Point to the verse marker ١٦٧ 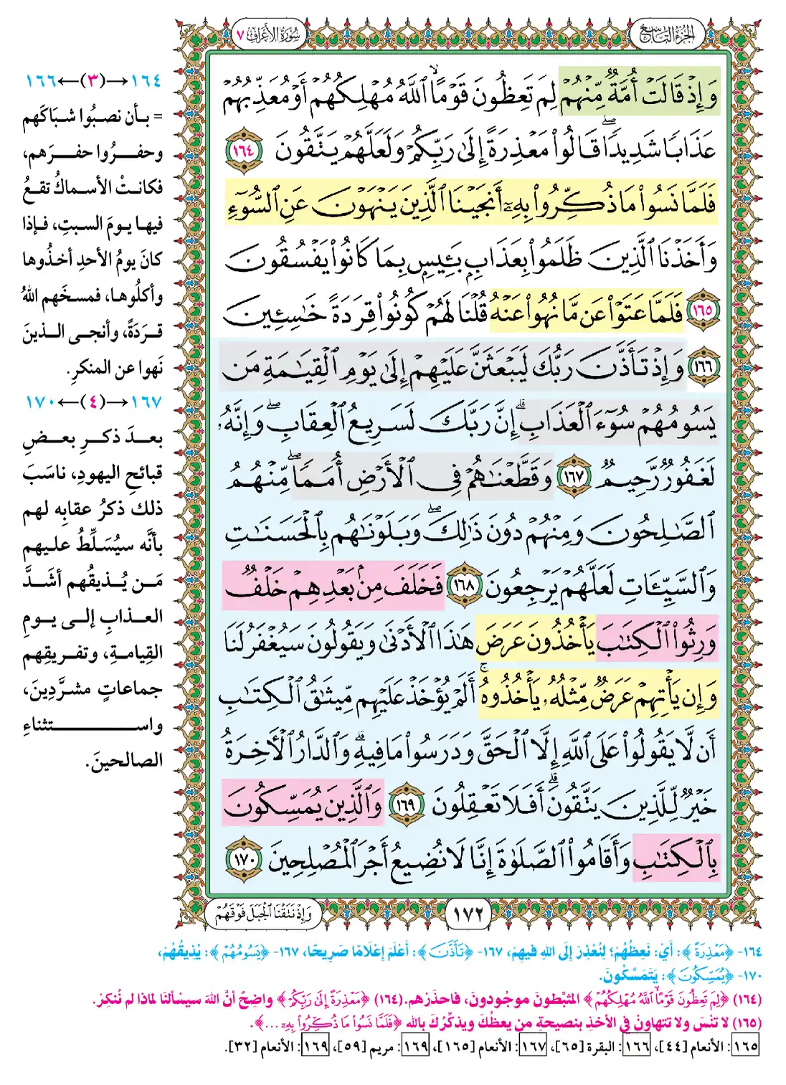pos(572,477)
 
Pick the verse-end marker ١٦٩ pos(406,805)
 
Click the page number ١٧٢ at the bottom pos(469,914)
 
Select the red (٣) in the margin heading pos(92,80)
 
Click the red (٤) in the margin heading pos(92,402)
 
